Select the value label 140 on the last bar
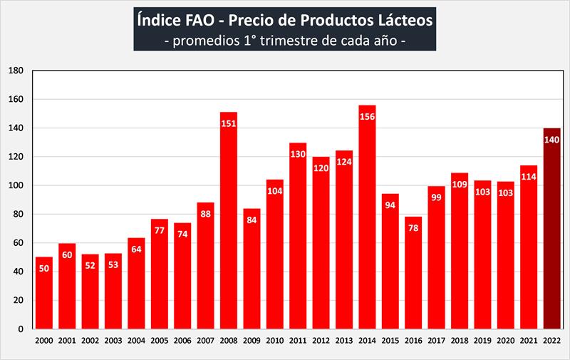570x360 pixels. [551, 140]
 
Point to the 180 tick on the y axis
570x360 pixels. [16, 71]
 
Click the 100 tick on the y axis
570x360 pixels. [16, 185]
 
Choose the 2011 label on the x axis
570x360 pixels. [298, 341]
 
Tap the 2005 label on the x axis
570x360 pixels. [159, 341]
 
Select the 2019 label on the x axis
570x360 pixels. [482, 341]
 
